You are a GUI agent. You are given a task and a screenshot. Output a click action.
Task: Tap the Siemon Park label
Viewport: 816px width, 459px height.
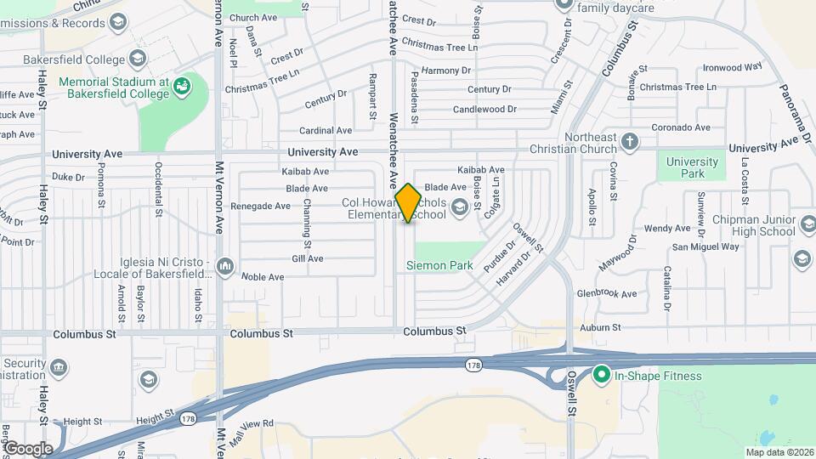point(439,266)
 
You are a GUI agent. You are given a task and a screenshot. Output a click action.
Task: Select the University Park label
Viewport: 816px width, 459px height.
point(692,167)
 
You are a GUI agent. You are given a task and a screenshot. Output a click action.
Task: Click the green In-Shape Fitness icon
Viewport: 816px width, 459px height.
point(602,375)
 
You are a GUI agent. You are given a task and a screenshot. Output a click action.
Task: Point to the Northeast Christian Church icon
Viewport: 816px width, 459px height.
point(629,141)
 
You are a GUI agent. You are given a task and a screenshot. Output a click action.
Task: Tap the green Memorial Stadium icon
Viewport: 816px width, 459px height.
point(181,85)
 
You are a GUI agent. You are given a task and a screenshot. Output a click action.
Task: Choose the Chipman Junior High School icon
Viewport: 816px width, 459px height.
point(801,258)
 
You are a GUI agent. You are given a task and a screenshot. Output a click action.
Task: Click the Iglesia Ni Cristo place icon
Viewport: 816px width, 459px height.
point(224,267)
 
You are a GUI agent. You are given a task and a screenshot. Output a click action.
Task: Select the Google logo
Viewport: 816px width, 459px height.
point(28,449)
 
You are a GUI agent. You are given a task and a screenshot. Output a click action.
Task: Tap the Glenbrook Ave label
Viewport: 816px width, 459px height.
point(606,294)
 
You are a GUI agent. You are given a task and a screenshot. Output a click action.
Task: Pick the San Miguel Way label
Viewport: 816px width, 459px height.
point(705,247)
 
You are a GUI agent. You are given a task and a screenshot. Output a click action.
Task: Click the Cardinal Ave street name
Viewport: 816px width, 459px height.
point(326,131)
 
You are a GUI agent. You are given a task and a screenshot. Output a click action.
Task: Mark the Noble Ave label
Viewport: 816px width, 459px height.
point(263,277)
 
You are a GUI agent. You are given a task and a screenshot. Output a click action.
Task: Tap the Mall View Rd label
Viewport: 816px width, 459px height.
point(244,423)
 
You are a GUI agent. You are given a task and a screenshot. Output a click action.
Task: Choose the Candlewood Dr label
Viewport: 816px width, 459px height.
point(484,110)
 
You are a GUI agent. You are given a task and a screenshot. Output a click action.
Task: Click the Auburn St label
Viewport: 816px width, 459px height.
point(602,327)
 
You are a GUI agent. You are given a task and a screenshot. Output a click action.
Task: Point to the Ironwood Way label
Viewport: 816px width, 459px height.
point(733,67)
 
